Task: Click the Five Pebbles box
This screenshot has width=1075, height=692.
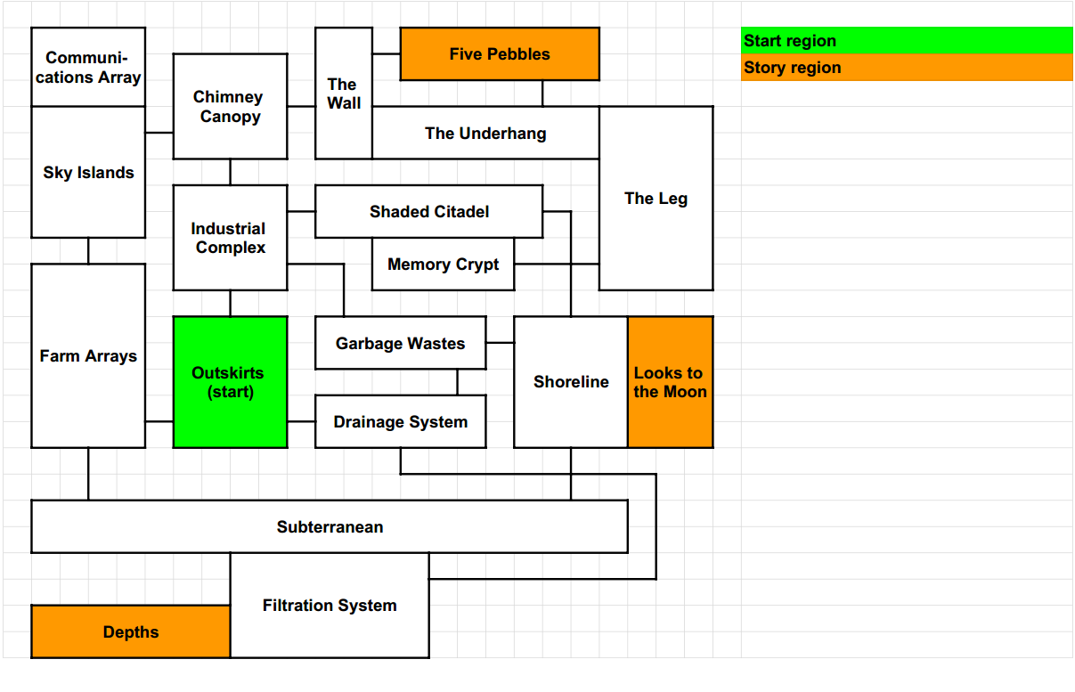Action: [x=500, y=54]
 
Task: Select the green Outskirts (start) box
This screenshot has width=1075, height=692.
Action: [x=230, y=382]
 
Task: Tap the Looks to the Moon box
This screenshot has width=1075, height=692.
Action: [x=670, y=382]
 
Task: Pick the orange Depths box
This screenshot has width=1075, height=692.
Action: [x=131, y=632]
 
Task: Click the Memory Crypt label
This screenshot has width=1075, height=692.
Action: [x=443, y=265]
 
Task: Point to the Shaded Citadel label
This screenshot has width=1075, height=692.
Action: [x=428, y=212]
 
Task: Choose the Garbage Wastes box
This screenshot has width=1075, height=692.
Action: [x=400, y=343]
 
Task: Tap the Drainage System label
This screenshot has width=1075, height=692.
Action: [x=400, y=422]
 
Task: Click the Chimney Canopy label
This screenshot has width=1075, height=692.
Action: [x=230, y=107]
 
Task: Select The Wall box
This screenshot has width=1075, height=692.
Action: [x=344, y=94]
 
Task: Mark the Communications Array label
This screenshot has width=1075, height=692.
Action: [x=88, y=68]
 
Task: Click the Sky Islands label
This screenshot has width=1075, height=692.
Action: [x=88, y=173]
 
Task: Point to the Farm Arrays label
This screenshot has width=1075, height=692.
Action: [x=88, y=356]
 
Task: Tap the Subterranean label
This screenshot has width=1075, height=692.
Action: [x=330, y=527]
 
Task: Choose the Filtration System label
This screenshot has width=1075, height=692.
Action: [x=330, y=606]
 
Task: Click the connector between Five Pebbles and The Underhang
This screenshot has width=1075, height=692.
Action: [x=542, y=94]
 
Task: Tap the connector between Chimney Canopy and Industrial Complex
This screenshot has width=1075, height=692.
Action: [x=230, y=172]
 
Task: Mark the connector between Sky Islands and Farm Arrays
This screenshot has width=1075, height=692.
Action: [x=88, y=251]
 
